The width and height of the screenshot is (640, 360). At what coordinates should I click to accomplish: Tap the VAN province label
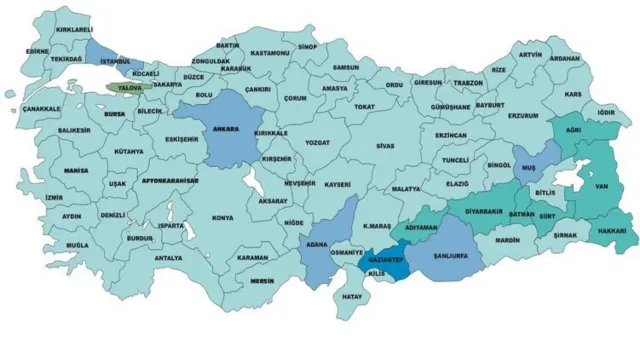click(x=602, y=186)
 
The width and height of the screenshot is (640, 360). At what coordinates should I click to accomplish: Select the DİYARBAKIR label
click(x=485, y=211)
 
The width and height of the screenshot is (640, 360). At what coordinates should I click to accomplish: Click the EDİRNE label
click(x=38, y=50)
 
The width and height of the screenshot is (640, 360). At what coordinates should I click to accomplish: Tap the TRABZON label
click(x=468, y=83)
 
